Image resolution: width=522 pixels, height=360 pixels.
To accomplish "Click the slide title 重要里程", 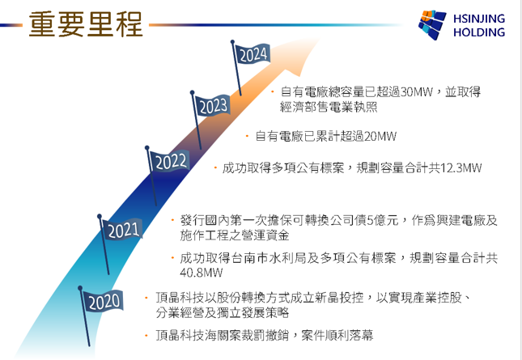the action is tap(86, 24).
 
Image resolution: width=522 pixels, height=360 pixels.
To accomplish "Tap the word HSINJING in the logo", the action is tap(479, 19).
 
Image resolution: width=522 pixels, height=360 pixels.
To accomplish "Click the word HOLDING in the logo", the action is tap(479, 32).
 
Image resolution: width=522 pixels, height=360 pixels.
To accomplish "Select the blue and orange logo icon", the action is tap(432, 24).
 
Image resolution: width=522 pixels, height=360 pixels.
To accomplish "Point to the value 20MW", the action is tap(380, 136).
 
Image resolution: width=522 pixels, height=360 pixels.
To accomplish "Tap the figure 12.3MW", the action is tap(461, 167).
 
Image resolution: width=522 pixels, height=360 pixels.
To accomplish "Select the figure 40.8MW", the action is tap(201, 273).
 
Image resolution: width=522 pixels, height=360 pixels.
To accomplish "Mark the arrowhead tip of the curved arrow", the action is tap(320, 39).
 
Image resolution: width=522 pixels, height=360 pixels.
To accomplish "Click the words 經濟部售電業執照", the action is tap(329, 107).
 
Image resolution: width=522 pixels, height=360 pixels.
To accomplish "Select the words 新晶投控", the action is tap(340, 298).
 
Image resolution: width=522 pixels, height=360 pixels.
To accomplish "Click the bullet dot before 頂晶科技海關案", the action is tap(146, 335).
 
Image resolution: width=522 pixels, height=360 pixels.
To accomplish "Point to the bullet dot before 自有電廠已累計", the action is tap(247, 136).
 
